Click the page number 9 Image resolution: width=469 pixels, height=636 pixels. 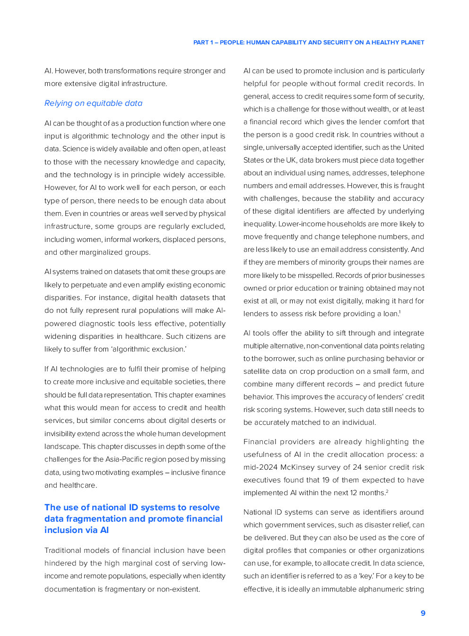[x=423, y=613]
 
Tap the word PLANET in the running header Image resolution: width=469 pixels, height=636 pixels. [x=412, y=43]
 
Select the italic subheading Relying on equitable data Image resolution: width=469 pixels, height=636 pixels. [x=93, y=103]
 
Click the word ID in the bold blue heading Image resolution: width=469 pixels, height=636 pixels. [x=133, y=507]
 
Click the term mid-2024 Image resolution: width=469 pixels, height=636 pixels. [x=260, y=467]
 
